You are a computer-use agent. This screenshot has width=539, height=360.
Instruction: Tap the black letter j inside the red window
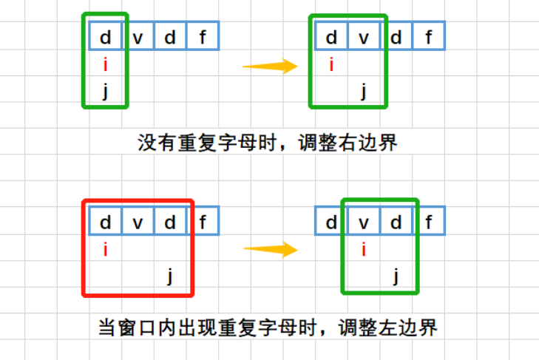tap(170, 276)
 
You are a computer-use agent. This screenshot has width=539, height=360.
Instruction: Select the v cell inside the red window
tap(138, 221)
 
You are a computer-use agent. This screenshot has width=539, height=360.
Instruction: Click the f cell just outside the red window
tap(203, 221)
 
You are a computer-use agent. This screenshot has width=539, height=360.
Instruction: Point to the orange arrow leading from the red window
tap(270, 248)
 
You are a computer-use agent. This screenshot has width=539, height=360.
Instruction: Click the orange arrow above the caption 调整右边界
tap(270, 67)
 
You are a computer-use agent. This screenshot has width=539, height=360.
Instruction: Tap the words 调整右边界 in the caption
tap(348, 142)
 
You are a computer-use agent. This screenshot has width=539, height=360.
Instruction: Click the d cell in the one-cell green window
tap(106, 37)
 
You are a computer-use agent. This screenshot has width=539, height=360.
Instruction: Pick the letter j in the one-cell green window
tap(106, 92)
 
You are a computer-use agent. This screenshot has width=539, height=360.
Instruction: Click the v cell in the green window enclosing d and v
tap(364, 37)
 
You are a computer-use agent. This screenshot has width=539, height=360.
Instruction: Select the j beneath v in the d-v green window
tap(364, 92)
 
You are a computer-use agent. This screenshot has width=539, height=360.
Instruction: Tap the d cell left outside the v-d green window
tap(331, 221)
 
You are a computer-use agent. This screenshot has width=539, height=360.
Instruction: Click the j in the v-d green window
tap(396, 276)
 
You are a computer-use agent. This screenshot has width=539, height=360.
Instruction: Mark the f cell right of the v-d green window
tap(429, 221)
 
